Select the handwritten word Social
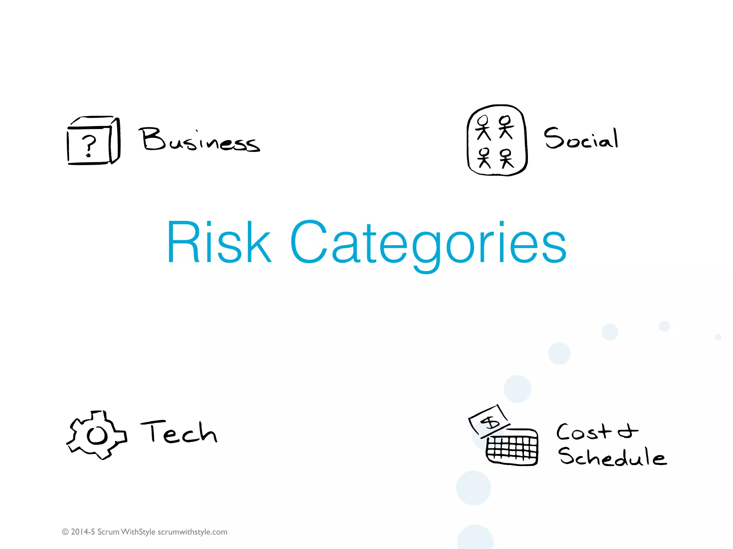pos(581,138)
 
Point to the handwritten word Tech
pos(179,432)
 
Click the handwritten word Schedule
pos(612,457)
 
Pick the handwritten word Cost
pos(584,432)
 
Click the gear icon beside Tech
pos(97,435)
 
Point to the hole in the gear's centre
pos(97,436)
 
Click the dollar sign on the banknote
pos(490,422)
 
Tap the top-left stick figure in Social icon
pos(483,128)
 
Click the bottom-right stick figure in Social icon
pos(506,158)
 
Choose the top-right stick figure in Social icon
pos(506,127)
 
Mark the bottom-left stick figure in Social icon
pos(484,158)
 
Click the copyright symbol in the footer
pos(65,532)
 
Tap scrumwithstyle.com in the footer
pos(193,532)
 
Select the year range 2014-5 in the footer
pos(83,532)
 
